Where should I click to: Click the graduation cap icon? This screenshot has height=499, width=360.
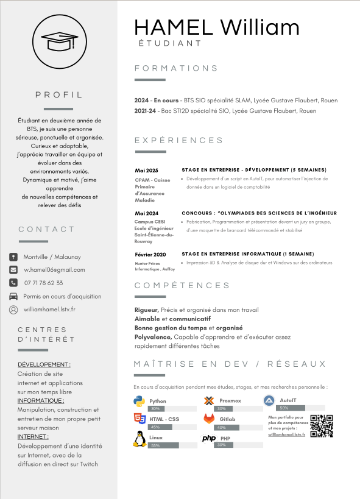click(x=59, y=41)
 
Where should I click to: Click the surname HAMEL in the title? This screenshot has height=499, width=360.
click(x=174, y=27)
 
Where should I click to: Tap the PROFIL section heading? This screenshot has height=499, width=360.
click(x=58, y=95)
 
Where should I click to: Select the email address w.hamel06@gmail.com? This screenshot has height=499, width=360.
click(x=54, y=269)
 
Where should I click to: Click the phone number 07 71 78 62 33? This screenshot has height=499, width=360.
click(x=43, y=283)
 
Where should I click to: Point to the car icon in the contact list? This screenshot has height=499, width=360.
click(x=13, y=296)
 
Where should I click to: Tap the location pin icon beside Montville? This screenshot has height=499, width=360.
click(x=13, y=257)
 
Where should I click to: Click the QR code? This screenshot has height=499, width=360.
click(x=322, y=425)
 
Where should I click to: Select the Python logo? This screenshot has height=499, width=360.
click(x=139, y=401)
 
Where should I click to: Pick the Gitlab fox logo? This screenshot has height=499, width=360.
click(x=209, y=419)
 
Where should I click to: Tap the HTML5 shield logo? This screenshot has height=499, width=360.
click(x=139, y=419)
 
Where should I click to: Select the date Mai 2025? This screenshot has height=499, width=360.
click(x=147, y=171)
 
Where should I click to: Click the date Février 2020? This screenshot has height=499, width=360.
click(x=150, y=254)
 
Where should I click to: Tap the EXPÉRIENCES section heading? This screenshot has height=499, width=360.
click(x=179, y=141)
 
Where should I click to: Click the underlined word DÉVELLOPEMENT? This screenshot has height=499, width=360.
click(x=44, y=364)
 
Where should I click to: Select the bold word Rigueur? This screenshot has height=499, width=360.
click(x=146, y=310)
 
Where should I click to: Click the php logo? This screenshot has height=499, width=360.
click(x=209, y=438)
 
